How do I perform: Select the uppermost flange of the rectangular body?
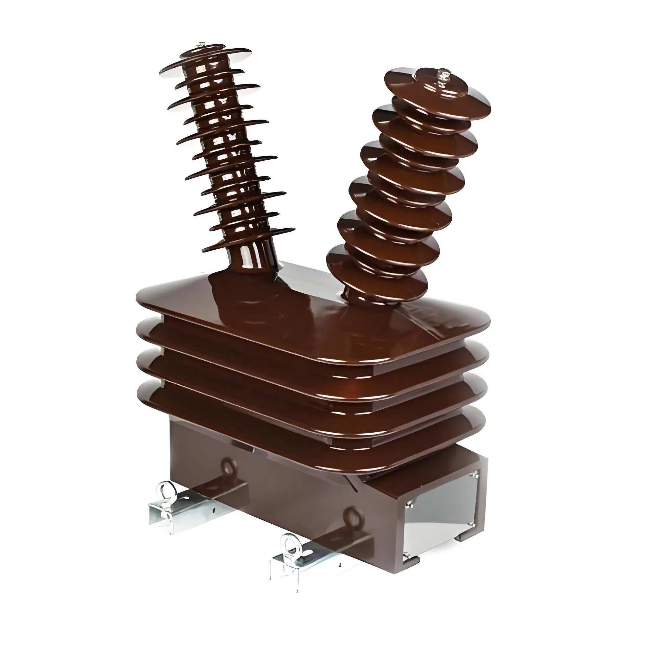[x=306, y=306]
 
